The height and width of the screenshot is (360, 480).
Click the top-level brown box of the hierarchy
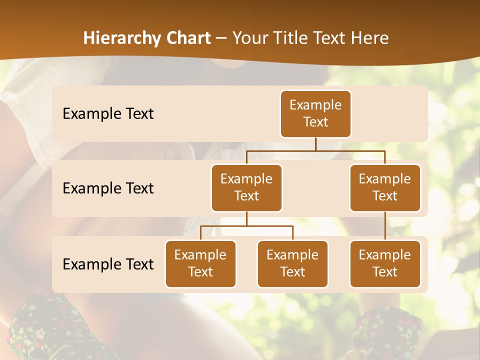click(315, 113)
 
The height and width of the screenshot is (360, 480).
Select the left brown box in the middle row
click(246, 187)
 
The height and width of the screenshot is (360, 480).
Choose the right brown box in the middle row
click(385, 187)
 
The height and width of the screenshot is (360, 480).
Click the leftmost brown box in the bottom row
click(200, 263)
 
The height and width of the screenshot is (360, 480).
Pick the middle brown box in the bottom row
click(292, 263)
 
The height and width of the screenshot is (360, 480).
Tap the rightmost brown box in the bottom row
click(385, 263)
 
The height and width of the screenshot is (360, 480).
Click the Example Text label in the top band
click(108, 114)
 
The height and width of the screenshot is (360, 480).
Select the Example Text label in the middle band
click(108, 188)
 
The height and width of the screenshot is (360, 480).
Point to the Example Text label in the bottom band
click(108, 264)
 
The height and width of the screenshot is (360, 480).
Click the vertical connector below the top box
click(315, 144)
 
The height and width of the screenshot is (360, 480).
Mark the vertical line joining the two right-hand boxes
click(385, 226)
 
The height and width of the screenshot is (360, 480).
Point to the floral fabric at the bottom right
click(385, 332)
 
